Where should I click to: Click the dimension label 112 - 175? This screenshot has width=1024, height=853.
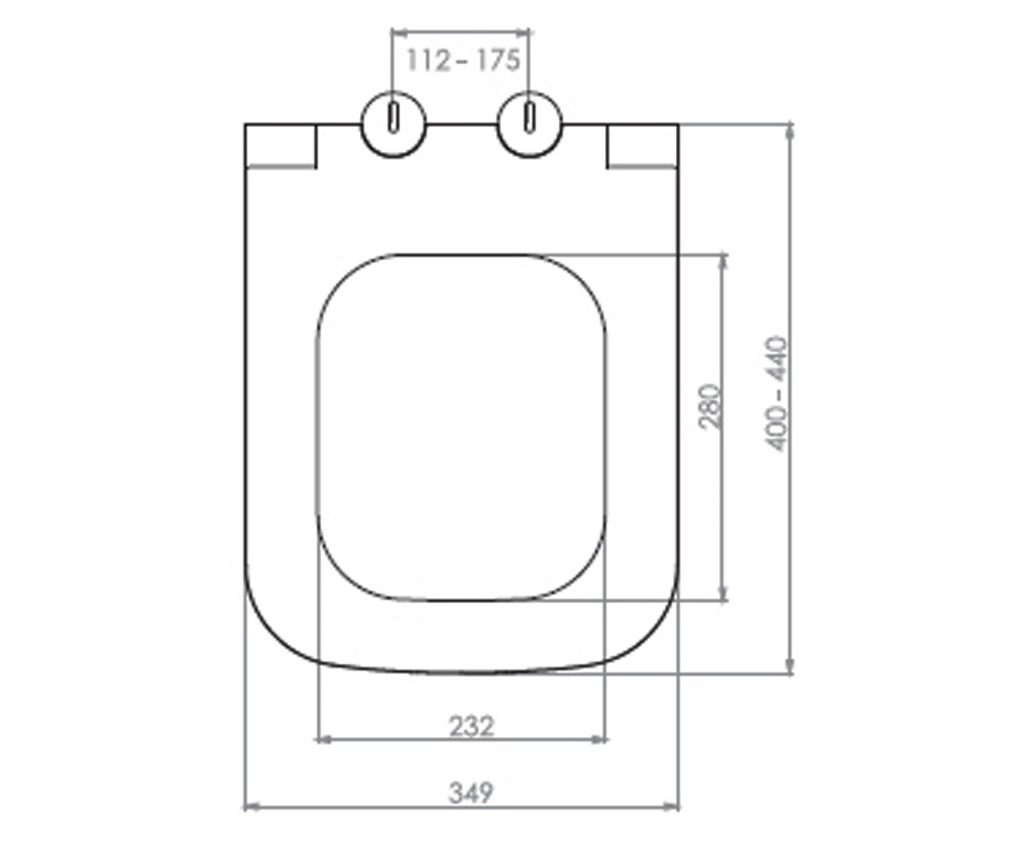coord(463,61)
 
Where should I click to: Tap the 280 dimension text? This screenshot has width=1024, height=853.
coord(710,407)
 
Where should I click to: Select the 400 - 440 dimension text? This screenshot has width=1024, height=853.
coord(777,393)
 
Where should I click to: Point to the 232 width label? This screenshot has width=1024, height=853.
coord(472,727)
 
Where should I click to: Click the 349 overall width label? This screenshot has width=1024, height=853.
coord(471,792)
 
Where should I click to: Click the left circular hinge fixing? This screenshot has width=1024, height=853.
coord(393,125)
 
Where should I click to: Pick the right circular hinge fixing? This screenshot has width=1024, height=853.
coord(530,125)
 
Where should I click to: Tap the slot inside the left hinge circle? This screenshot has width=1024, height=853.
coord(393,118)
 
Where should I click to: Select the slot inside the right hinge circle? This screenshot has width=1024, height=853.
coord(530,118)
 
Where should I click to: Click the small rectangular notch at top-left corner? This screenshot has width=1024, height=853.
coord(281,146)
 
